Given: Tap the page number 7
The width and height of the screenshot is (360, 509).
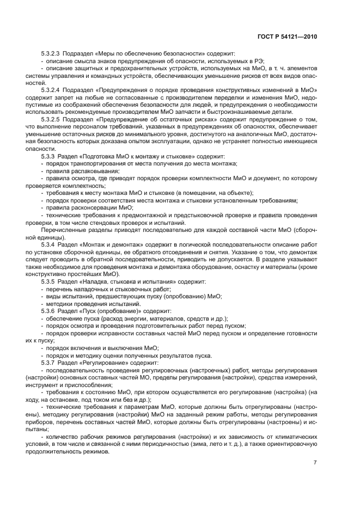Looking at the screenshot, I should tap(315, 463).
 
